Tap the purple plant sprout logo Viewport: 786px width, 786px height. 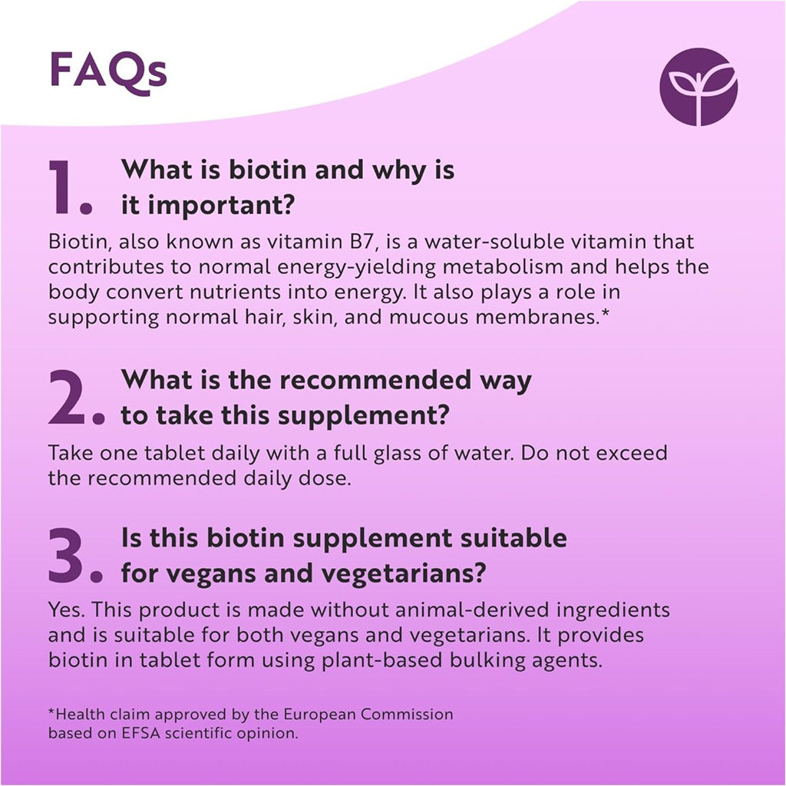698,87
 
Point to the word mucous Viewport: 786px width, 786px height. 428,317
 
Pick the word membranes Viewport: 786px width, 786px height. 538,317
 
